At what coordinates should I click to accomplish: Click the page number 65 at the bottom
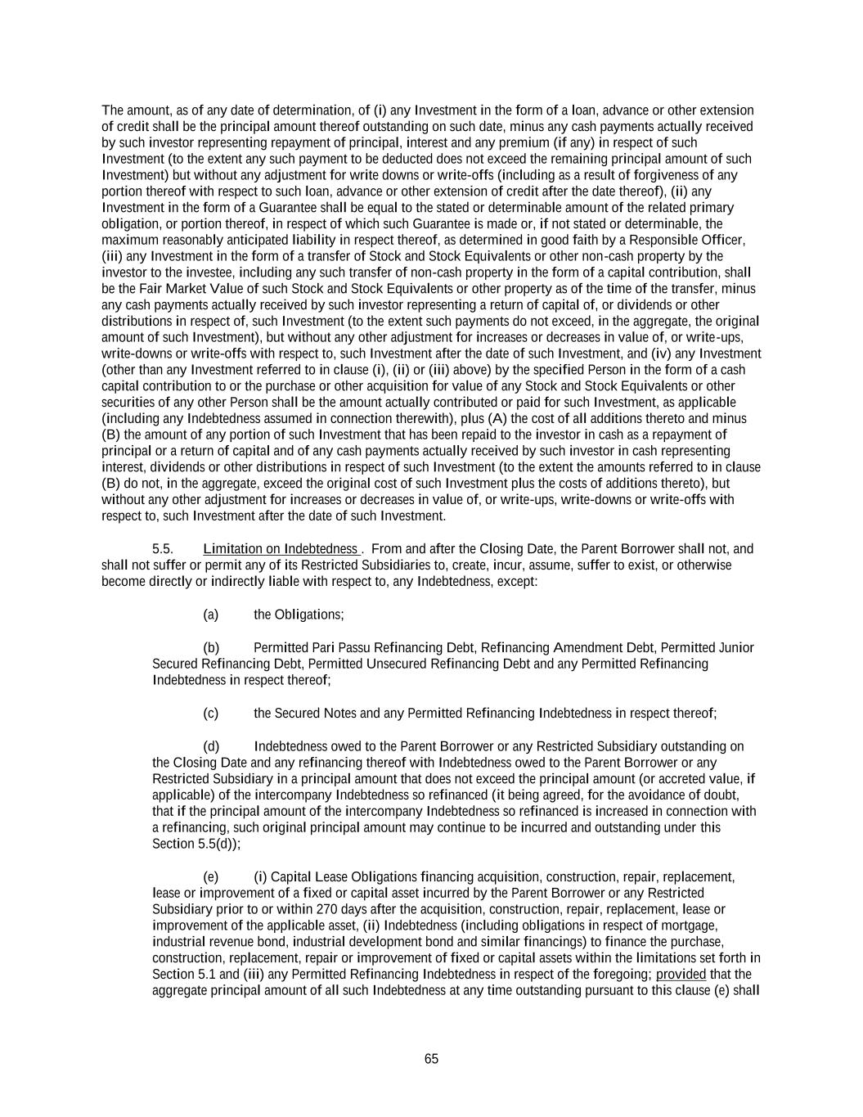[x=431, y=1059]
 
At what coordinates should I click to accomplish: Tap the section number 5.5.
[x=163, y=549]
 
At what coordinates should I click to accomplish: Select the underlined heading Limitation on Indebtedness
[x=280, y=549]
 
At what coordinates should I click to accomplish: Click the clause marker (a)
[x=210, y=615]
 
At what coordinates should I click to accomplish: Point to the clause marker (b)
[x=210, y=648]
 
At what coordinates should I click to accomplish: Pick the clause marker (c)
[x=210, y=714]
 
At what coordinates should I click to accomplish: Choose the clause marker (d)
[x=210, y=746]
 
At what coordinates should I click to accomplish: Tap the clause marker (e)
[x=210, y=877]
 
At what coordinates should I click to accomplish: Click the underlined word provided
[x=681, y=975]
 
